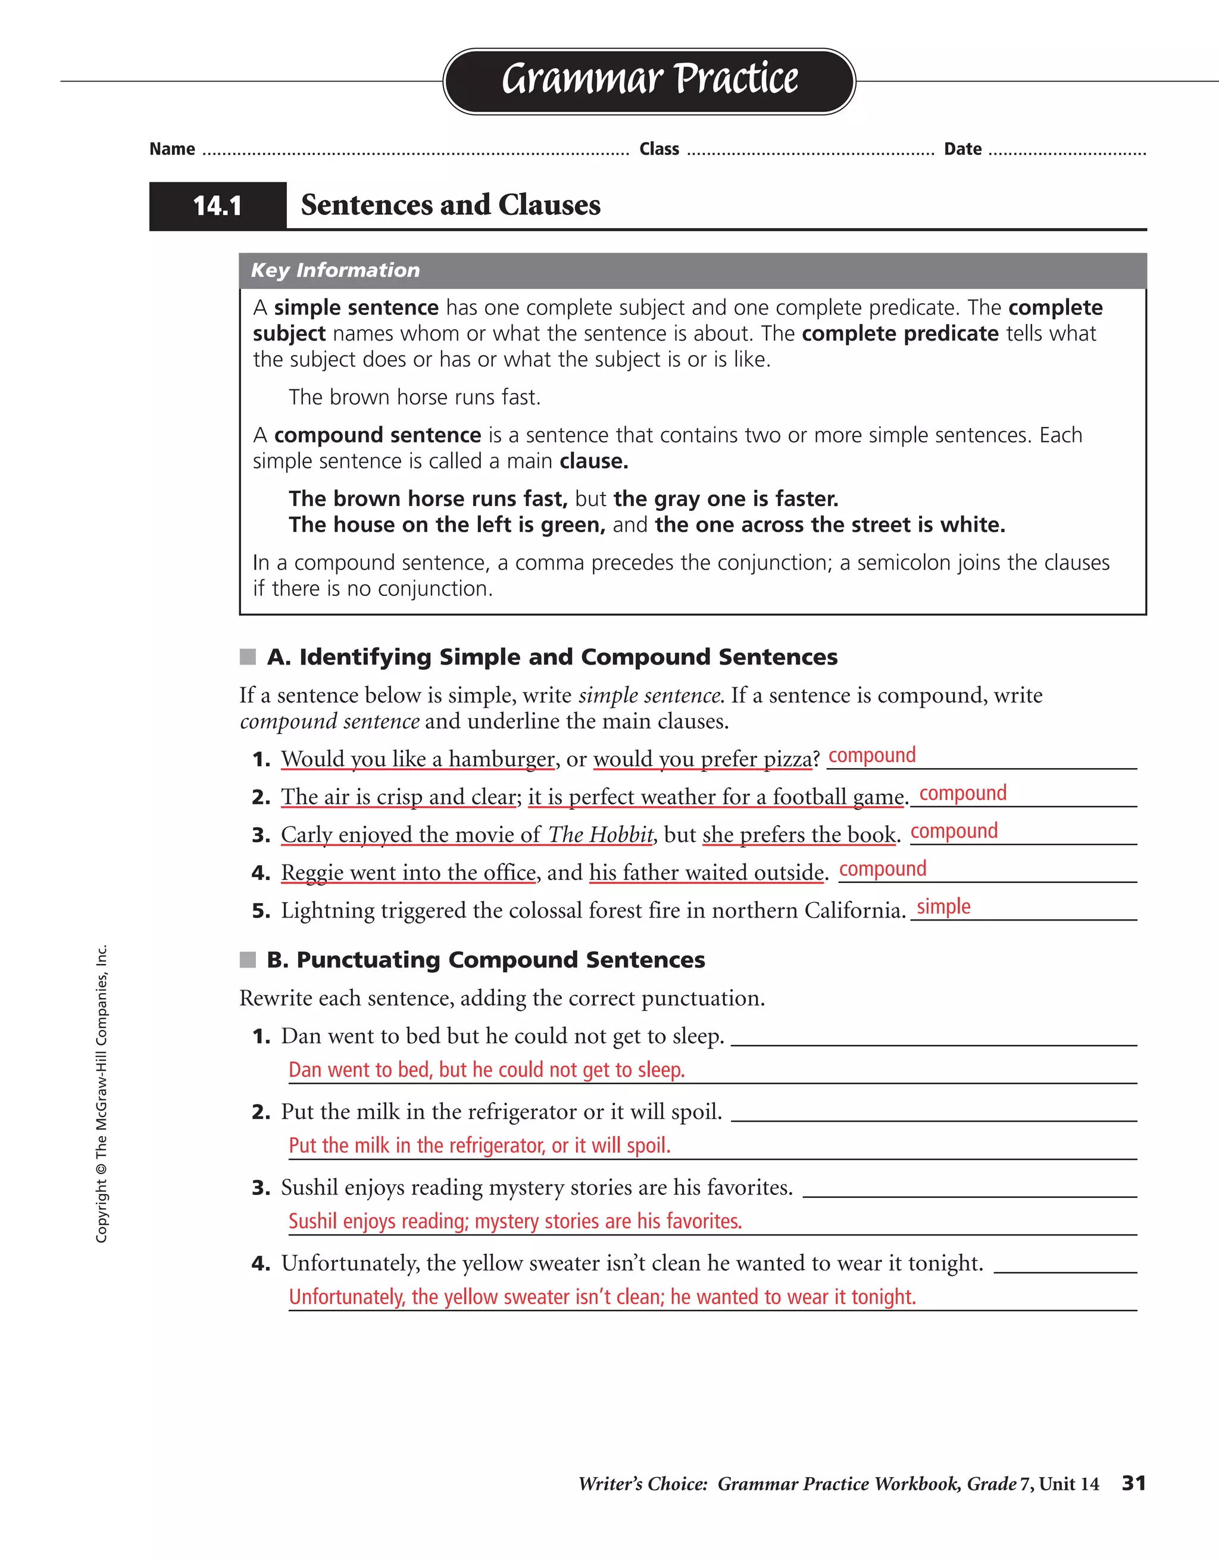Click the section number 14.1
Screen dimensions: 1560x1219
[217, 207]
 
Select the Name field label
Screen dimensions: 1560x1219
[172, 149]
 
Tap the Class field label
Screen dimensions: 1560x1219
[659, 149]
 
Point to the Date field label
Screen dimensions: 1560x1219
[962, 149]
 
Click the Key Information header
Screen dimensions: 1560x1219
[335, 270]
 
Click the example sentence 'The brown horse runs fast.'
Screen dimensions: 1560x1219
[414, 397]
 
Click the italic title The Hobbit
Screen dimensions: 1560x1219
[601, 834]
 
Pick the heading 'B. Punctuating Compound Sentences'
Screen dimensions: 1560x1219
[486, 960]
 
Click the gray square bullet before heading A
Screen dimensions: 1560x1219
[248, 657]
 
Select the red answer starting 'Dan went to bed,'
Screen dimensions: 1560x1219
[486, 1070]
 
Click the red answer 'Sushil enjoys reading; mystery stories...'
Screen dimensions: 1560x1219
[514, 1221]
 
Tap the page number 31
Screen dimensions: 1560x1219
[1133, 1483]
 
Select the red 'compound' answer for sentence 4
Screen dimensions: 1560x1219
[882, 869]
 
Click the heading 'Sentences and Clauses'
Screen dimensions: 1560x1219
[451, 205]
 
